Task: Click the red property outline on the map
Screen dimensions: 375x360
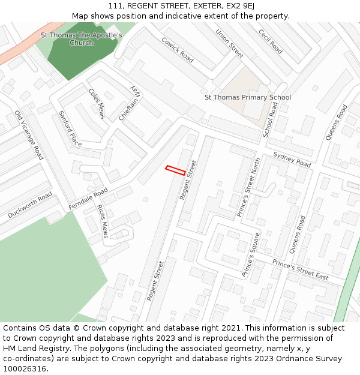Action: coord(175,170)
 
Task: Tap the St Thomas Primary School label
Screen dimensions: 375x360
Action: coord(247,97)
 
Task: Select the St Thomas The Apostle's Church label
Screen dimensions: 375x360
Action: coord(82,39)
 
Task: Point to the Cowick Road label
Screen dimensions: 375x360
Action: coord(177,50)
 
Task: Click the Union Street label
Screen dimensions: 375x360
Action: coord(229,44)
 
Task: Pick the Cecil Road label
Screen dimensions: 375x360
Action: coord(270,41)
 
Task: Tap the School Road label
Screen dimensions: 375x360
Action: coord(271,119)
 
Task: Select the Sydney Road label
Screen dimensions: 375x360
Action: coord(292,160)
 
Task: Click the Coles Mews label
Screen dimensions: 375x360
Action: coord(97,103)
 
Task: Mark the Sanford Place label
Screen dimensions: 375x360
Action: coord(70,128)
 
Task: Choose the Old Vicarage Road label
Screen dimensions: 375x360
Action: coord(29,135)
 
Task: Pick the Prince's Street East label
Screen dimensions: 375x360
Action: coord(300,269)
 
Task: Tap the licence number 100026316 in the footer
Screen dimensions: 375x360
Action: coord(25,368)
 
